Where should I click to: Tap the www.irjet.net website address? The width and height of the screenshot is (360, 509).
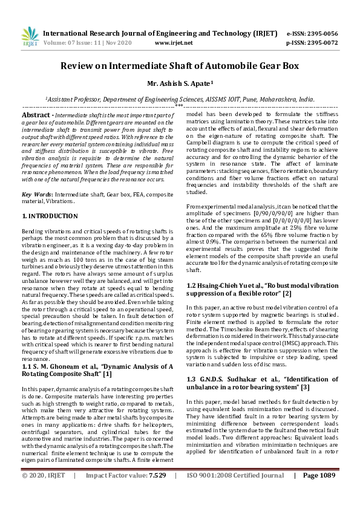tap(174, 43)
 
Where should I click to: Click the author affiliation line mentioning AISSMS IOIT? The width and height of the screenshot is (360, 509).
tap(180, 98)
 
